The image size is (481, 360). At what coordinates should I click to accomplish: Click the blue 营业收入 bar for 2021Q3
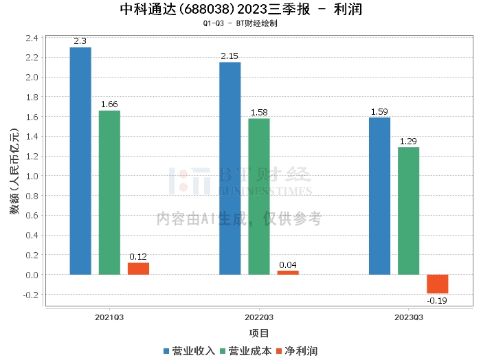[80, 161]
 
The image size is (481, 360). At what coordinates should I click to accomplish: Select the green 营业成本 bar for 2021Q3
[109, 192]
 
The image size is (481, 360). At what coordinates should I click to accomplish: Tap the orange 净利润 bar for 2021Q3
[138, 269]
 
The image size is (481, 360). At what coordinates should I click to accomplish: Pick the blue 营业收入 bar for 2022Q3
[230, 168]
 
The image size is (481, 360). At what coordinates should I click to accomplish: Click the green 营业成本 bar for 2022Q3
[259, 196]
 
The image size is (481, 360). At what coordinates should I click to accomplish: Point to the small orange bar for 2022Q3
[288, 273]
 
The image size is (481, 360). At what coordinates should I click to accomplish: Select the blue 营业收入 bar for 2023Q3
[379, 196]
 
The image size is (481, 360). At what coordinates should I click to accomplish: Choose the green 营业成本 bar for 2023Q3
[408, 211]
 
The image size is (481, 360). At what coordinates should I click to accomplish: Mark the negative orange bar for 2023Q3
[437, 284]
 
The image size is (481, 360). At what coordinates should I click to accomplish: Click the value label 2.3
[80, 41]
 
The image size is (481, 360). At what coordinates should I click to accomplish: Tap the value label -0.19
[437, 300]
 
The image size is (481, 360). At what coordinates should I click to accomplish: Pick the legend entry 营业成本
[245, 351]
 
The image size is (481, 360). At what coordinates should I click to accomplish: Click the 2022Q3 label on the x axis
[259, 318]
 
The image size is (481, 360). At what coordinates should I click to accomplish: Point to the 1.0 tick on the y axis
[32, 176]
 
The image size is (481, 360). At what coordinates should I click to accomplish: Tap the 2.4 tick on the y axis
[32, 37]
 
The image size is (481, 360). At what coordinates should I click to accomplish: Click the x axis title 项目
[259, 333]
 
